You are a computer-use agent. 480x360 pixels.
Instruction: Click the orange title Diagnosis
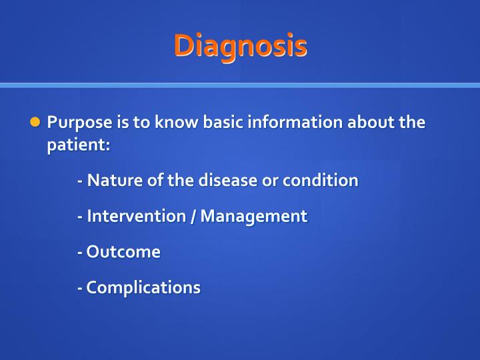[240, 46]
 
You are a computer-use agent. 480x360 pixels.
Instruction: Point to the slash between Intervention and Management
[192, 217]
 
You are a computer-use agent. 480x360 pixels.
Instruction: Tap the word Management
[254, 217]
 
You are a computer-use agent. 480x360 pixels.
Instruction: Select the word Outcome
[123, 252]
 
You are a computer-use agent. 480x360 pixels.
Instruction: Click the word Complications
[143, 288]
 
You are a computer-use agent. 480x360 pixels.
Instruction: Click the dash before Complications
[80, 289]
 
